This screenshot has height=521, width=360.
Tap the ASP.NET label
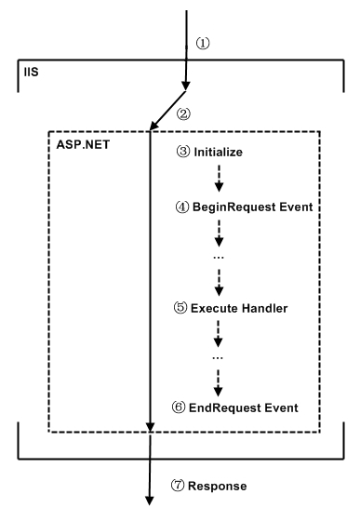[78, 147]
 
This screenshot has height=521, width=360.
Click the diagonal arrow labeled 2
[170, 110]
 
